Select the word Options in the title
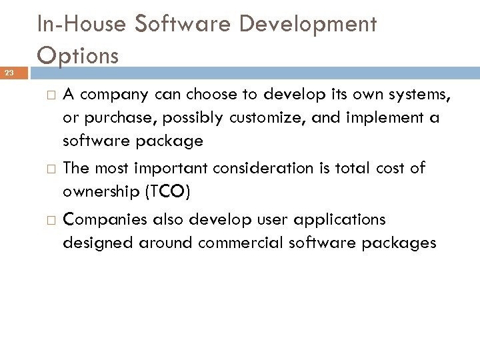click(x=78, y=54)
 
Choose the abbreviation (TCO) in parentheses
click(x=166, y=192)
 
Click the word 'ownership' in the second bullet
click(x=99, y=192)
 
